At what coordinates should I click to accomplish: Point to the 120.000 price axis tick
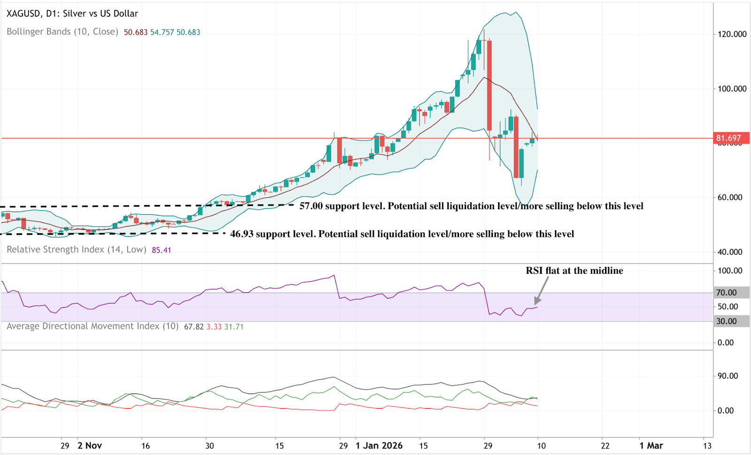[x=732, y=34]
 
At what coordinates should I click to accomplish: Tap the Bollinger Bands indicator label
[x=62, y=32]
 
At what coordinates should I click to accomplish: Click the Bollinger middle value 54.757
[x=162, y=32]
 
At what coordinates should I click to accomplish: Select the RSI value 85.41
[x=161, y=250]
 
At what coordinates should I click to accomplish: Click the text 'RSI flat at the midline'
[x=574, y=271]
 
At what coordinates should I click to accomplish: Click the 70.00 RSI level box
[x=726, y=293]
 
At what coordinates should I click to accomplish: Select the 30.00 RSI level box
[x=726, y=321]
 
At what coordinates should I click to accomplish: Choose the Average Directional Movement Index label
[x=92, y=326]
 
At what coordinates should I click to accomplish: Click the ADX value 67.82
[x=193, y=327]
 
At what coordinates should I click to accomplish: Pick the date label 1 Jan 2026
[x=379, y=446]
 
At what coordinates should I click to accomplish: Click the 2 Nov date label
[x=90, y=446]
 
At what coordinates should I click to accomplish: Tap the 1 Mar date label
[x=651, y=446]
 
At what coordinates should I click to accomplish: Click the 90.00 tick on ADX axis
[x=728, y=376]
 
